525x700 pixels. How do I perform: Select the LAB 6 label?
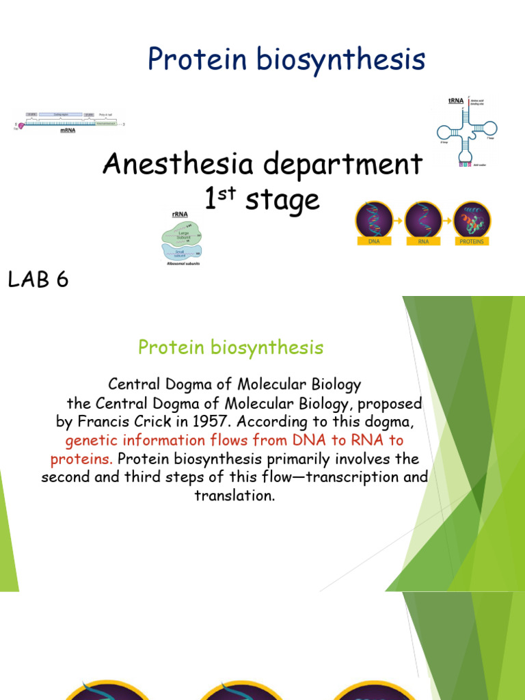(x=38, y=280)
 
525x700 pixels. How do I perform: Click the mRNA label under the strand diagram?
(x=67, y=130)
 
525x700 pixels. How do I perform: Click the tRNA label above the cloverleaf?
(x=455, y=100)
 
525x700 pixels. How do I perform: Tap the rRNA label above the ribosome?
(x=180, y=213)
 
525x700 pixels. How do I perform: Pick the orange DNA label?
(x=373, y=241)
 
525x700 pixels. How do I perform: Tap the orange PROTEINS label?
(x=472, y=241)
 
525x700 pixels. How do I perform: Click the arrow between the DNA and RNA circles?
(x=398, y=220)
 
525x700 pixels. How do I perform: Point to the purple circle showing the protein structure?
(x=472, y=219)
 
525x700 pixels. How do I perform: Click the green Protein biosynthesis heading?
(x=230, y=347)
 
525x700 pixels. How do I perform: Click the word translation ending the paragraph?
(x=234, y=496)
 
